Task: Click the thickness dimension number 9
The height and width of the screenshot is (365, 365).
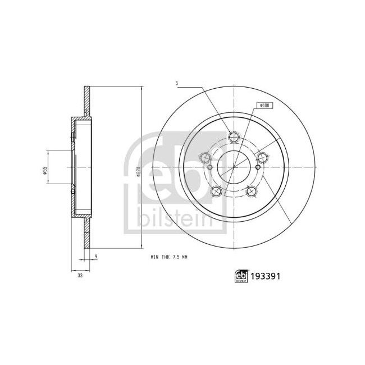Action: click(x=96, y=256)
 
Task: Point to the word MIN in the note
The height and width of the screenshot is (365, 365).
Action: click(x=154, y=257)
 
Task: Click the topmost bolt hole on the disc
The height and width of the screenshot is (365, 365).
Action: click(x=234, y=136)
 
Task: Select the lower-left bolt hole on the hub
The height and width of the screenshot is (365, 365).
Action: click(x=216, y=192)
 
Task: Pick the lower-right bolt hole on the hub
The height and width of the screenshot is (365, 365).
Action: click(x=251, y=192)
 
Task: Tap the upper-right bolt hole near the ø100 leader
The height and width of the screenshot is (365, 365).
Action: click(x=262, y=157)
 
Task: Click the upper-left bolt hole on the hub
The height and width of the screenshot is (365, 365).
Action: click(x=206, y=158)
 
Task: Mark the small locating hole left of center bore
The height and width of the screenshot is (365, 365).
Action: click(x=209, y=167)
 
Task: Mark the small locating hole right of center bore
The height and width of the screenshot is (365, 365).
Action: click(x=258, y=167)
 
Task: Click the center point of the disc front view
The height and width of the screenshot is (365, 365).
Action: click(x=234, y=167)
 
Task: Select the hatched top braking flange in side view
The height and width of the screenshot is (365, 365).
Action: click(x=86, y=101)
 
